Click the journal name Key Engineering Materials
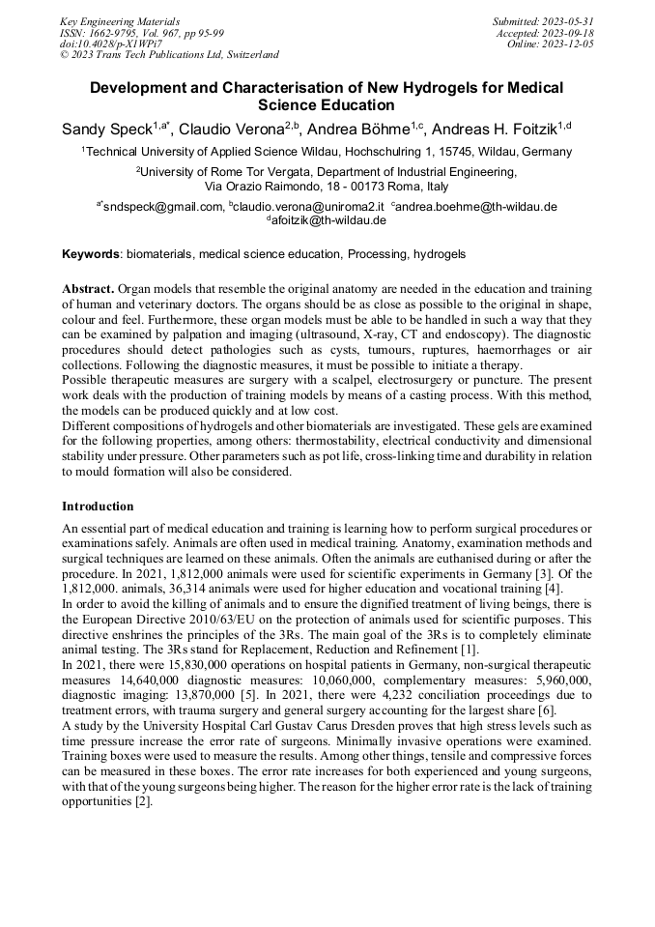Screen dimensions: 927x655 (121, 20)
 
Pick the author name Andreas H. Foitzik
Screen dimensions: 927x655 (493, 129)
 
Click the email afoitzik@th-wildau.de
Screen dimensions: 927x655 (328, 220)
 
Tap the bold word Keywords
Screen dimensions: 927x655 (91, 254)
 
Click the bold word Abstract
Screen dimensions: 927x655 (89, 289)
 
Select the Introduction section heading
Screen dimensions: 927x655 (98, 506)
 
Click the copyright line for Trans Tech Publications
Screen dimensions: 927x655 (169, 55)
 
